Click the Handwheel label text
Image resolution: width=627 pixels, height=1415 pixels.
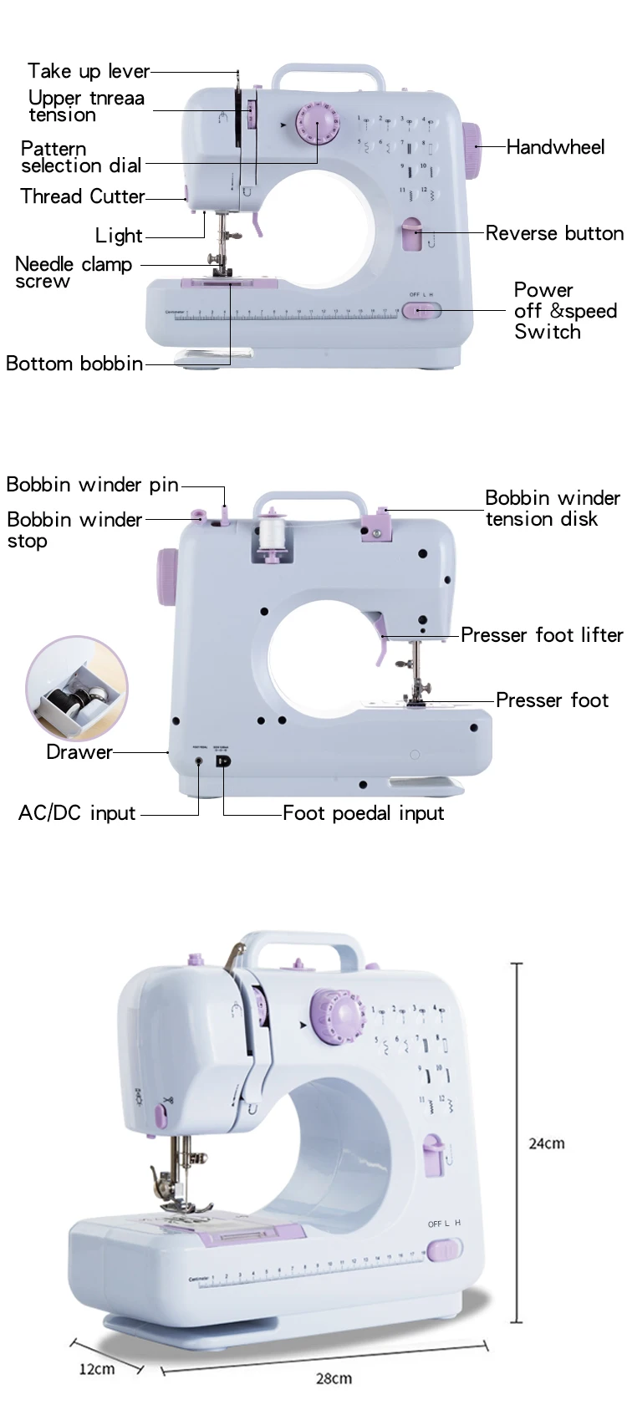(x=555, y=147)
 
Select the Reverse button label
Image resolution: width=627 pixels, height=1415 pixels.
(x=554, y=233)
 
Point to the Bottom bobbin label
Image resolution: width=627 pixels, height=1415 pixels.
(x=74, y=364)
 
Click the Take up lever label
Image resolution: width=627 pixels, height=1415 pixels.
(x=88, y=72)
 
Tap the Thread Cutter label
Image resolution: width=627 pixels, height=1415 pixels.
(x=83, y=196)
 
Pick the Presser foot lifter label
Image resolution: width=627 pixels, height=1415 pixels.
(x=542, y=635)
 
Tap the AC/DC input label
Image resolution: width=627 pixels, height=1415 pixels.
(x=77, y=813)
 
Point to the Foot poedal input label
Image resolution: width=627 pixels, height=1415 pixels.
(x=364, y=813)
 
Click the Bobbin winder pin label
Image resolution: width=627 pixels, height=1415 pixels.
(x=92, y=485)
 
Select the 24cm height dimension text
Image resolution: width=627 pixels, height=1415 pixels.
(x=546, y=1143)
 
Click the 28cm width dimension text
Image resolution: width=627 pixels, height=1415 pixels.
(x=334, y=1378)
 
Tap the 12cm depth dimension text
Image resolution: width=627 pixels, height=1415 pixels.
(x=97, y=1369)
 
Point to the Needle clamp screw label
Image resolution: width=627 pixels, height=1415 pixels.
(x=74, y=272)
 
